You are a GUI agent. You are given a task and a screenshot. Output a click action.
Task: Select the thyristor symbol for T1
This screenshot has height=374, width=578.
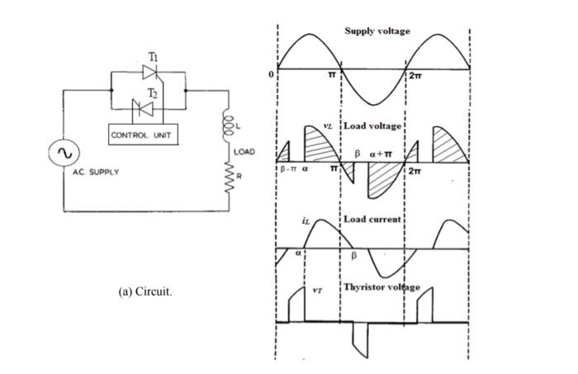[x=149, y=72]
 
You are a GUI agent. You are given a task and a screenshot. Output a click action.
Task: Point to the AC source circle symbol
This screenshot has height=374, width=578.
[x=64, y=153]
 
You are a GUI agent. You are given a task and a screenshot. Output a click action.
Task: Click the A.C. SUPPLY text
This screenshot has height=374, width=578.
[x=93, y=172]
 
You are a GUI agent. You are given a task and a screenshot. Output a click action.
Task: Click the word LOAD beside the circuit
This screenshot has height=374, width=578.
[x=245, y=153]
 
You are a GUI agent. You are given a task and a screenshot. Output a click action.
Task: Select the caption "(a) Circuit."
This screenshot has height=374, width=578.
[x=146, y=292]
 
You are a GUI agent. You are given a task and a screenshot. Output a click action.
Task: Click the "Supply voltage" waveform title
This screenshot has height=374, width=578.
[x=377, y=31]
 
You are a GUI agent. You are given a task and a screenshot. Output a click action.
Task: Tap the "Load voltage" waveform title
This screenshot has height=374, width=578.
[x=372, y=126]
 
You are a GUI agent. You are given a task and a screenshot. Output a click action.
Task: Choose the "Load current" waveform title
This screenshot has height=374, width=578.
[x=372, y=220]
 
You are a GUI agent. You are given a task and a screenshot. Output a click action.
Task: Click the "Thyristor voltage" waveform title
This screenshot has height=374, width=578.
[x=381, y=287]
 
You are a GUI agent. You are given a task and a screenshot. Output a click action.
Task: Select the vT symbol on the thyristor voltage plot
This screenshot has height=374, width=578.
[x=319, y=290]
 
